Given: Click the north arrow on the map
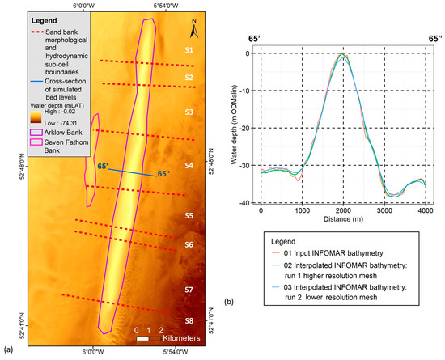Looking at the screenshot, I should [x=194, y=30].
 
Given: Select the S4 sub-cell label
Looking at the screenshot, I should [x=189, y=165].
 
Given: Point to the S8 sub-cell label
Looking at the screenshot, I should [x=189, y=320].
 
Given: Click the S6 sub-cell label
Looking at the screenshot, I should [x=189, y=244].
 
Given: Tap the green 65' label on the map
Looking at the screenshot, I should [x=103, y=167].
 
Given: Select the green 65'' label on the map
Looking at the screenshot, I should [x=163, y=173].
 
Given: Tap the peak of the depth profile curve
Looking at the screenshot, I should [x=344, y=54].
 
